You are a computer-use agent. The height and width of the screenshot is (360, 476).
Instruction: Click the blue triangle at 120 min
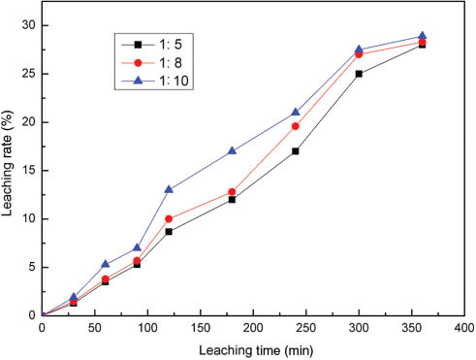169,189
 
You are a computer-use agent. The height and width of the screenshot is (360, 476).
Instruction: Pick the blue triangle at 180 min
232,150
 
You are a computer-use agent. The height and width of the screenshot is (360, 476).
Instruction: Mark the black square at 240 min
295,150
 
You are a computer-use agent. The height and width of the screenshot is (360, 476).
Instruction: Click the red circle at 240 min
295,126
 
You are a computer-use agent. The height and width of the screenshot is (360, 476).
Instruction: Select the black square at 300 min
359,74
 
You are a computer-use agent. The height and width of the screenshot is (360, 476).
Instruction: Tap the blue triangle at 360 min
422,36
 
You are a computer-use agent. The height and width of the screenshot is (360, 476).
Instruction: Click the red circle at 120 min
169,218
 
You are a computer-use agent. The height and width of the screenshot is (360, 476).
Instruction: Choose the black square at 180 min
232,199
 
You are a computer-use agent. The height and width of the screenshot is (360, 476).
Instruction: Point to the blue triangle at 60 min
106,264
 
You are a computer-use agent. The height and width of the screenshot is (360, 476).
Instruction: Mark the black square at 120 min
169,231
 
